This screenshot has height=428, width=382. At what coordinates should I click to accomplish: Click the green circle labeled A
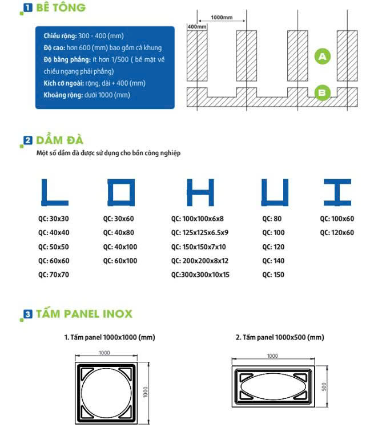coord(323,56)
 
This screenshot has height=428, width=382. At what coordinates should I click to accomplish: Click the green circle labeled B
coord(323,92)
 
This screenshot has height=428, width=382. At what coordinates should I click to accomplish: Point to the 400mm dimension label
coord(196,27)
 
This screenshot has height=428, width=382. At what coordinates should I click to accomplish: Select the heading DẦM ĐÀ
coord(59,140)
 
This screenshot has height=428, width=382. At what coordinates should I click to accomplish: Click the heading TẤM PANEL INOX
coord(83,314)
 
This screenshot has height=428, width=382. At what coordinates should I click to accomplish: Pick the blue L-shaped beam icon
coord(54,193)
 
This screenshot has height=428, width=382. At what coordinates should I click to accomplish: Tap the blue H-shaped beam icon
coord(200,193)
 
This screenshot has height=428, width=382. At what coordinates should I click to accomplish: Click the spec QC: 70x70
coord(54,274)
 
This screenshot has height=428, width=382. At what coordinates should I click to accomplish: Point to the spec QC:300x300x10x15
coord(200,274)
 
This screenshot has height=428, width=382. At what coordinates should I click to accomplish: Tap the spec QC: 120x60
coord(337,232)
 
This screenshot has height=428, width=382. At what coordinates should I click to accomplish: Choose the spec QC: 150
coord(273,274)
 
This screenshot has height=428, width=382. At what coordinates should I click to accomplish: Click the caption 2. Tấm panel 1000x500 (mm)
coord(280,337)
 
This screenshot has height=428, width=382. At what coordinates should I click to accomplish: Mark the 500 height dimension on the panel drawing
coord(324,386)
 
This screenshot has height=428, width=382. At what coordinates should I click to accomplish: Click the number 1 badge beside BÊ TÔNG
coord(27,8)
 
